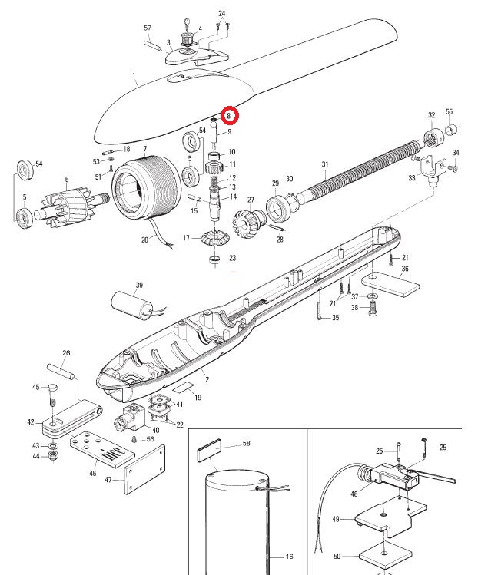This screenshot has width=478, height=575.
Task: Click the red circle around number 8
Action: click(229, 116)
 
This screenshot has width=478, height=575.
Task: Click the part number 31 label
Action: click(324, 165)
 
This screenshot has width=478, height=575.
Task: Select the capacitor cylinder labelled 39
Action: click(132, 305)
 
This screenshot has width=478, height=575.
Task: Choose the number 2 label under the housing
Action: click(207, 378)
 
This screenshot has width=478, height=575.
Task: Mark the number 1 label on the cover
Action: click(133, 76)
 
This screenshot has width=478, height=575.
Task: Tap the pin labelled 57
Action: click(151, 44)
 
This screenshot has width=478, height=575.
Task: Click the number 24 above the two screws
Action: click(222, 14)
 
